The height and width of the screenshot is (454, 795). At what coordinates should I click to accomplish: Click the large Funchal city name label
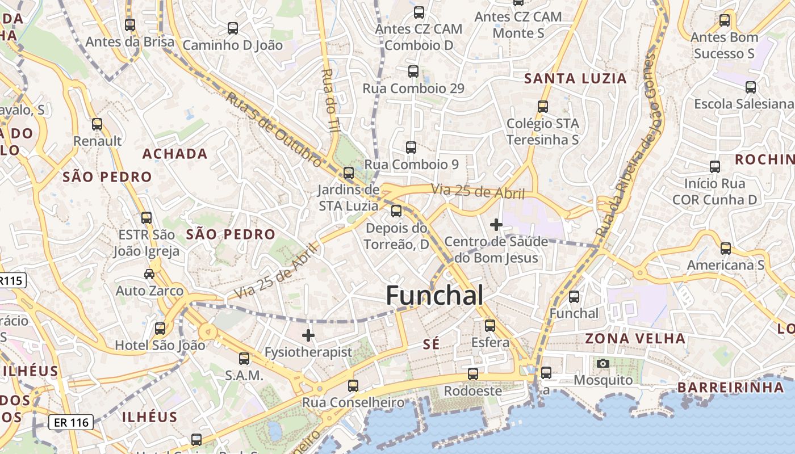pos(434,296)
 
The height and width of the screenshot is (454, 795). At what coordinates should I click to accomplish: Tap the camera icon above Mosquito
pos(603,363)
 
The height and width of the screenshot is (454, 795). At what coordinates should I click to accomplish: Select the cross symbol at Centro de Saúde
pos(496,225)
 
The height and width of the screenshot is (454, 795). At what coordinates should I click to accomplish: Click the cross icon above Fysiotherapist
pos(308,335)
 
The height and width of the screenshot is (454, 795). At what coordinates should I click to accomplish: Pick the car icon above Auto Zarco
pos(149,274)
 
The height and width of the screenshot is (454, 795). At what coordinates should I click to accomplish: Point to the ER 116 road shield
pos(71,422)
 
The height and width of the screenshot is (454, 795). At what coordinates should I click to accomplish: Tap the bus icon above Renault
pos(97,124)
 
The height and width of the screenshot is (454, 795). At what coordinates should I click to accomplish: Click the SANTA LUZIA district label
pos(575,78)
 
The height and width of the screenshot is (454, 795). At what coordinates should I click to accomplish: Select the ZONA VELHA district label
pos(635,339)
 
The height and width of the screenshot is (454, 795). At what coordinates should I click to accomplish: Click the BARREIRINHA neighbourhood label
pos(730,388)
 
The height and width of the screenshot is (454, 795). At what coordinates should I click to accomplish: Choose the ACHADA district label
pos(175,154)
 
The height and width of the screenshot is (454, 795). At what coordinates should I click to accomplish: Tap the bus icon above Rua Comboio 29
pos(413,72)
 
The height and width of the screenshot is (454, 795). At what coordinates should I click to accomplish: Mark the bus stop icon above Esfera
pos(490,326)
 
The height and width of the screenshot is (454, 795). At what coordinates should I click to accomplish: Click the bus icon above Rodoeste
pos(473,374)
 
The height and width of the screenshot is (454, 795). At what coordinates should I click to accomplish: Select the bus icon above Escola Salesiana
pos(751,87)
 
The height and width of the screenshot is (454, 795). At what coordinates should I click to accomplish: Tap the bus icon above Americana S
pos(726,248)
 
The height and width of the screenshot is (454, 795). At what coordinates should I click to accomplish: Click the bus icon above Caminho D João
pos(232,28)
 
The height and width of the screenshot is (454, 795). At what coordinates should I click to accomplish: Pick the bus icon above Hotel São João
pos(160,328)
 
